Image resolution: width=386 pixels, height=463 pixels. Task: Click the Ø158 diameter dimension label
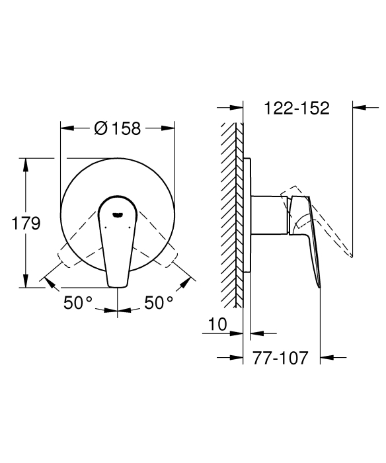[118, 128]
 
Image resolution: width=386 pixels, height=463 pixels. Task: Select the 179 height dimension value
[26, 224]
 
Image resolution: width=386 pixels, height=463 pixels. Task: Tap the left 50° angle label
[78, 302]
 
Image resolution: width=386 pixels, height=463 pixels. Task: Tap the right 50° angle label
[159, 302]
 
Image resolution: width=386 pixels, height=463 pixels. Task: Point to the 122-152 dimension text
[297, 108]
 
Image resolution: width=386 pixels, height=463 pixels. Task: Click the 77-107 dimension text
[280, 358]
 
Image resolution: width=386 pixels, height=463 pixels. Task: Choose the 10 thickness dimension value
[218, 324]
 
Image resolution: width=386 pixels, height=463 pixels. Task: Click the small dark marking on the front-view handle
[118, 215]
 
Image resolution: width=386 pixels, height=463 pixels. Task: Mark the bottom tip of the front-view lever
[118, 286]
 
